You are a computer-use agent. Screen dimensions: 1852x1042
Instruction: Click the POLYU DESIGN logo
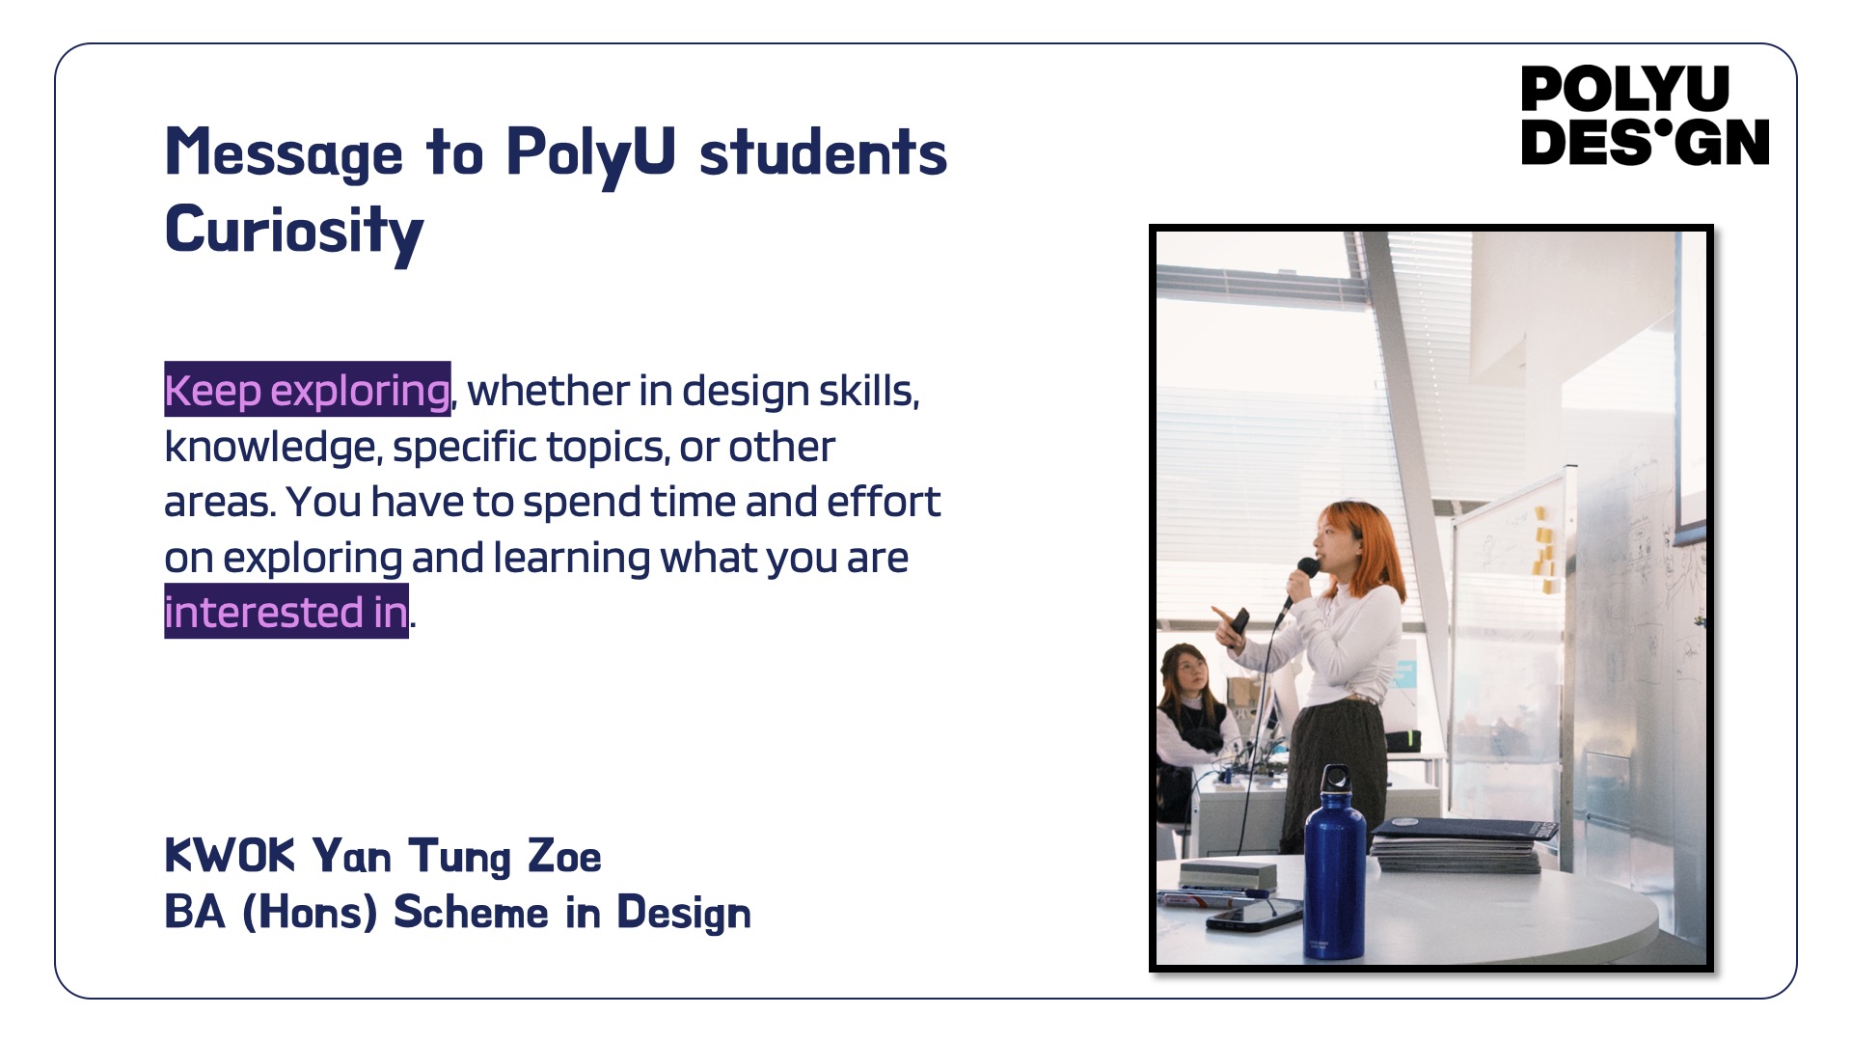(x=1645, y=116)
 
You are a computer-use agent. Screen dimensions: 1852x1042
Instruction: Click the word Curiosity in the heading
(x=294, y=232)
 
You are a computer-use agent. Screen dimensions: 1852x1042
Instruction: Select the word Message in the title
(x=285, y=153)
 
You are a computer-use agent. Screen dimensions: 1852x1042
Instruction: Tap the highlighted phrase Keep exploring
(x=308, y=390)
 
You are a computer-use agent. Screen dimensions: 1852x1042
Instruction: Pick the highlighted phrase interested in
(x=286, y=612)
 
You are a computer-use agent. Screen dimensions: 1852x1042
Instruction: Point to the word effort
(x=884, y=501)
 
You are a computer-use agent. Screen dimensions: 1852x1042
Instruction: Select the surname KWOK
(x=230, y=855)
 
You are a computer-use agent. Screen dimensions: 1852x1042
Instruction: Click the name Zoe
(x=564, y=856)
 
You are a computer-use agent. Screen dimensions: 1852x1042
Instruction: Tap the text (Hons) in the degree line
(x=309, y=912)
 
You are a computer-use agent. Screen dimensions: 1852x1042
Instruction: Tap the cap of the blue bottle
(x=1336, y=781)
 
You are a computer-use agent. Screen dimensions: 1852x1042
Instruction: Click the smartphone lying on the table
(x=1254, y=913)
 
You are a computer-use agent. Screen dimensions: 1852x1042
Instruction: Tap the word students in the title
(x=823, y=153)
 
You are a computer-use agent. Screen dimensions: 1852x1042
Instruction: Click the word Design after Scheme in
(x=684, y=913)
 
